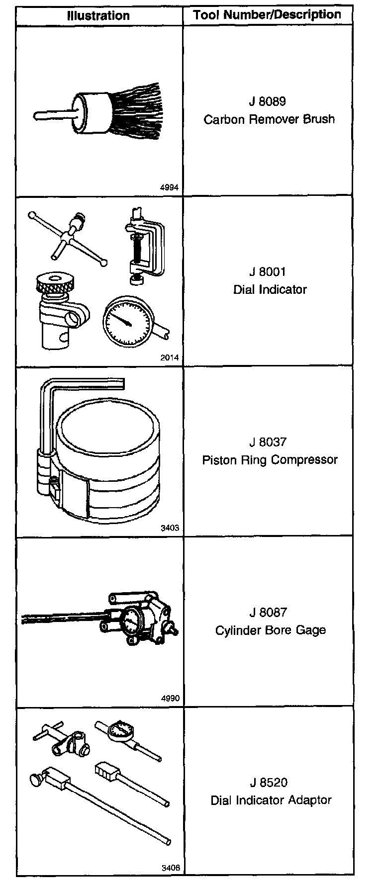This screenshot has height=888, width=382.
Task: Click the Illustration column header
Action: coord(98,15)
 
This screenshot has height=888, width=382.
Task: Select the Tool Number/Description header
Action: coord(267,15)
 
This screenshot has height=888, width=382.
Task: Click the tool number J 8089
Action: coord(268,101)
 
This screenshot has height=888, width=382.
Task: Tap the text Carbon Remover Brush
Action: coord(269,119)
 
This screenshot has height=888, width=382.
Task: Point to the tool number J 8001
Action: coord(269,272)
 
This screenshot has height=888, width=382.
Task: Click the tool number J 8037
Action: coord(268,442)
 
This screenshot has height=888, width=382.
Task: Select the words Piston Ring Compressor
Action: coord(270,460)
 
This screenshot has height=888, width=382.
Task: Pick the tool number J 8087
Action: coord(269,613)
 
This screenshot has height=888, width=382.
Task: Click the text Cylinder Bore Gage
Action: coord(270,630)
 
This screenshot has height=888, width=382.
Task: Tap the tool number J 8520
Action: coord(269,783)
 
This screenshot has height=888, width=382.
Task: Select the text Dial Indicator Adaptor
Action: coord(271,800)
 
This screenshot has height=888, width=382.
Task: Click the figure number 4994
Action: coord(170,187)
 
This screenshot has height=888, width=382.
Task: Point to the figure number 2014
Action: coord(170,357)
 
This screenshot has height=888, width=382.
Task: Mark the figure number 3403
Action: coord(170,528)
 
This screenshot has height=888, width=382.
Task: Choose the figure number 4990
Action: coord(170,698)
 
